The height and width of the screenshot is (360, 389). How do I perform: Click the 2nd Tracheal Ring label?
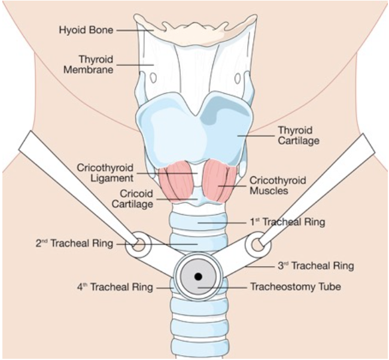point(73,243)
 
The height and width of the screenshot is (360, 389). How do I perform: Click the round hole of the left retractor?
point(138,243)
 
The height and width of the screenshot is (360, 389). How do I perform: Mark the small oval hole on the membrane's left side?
point(152,77)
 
